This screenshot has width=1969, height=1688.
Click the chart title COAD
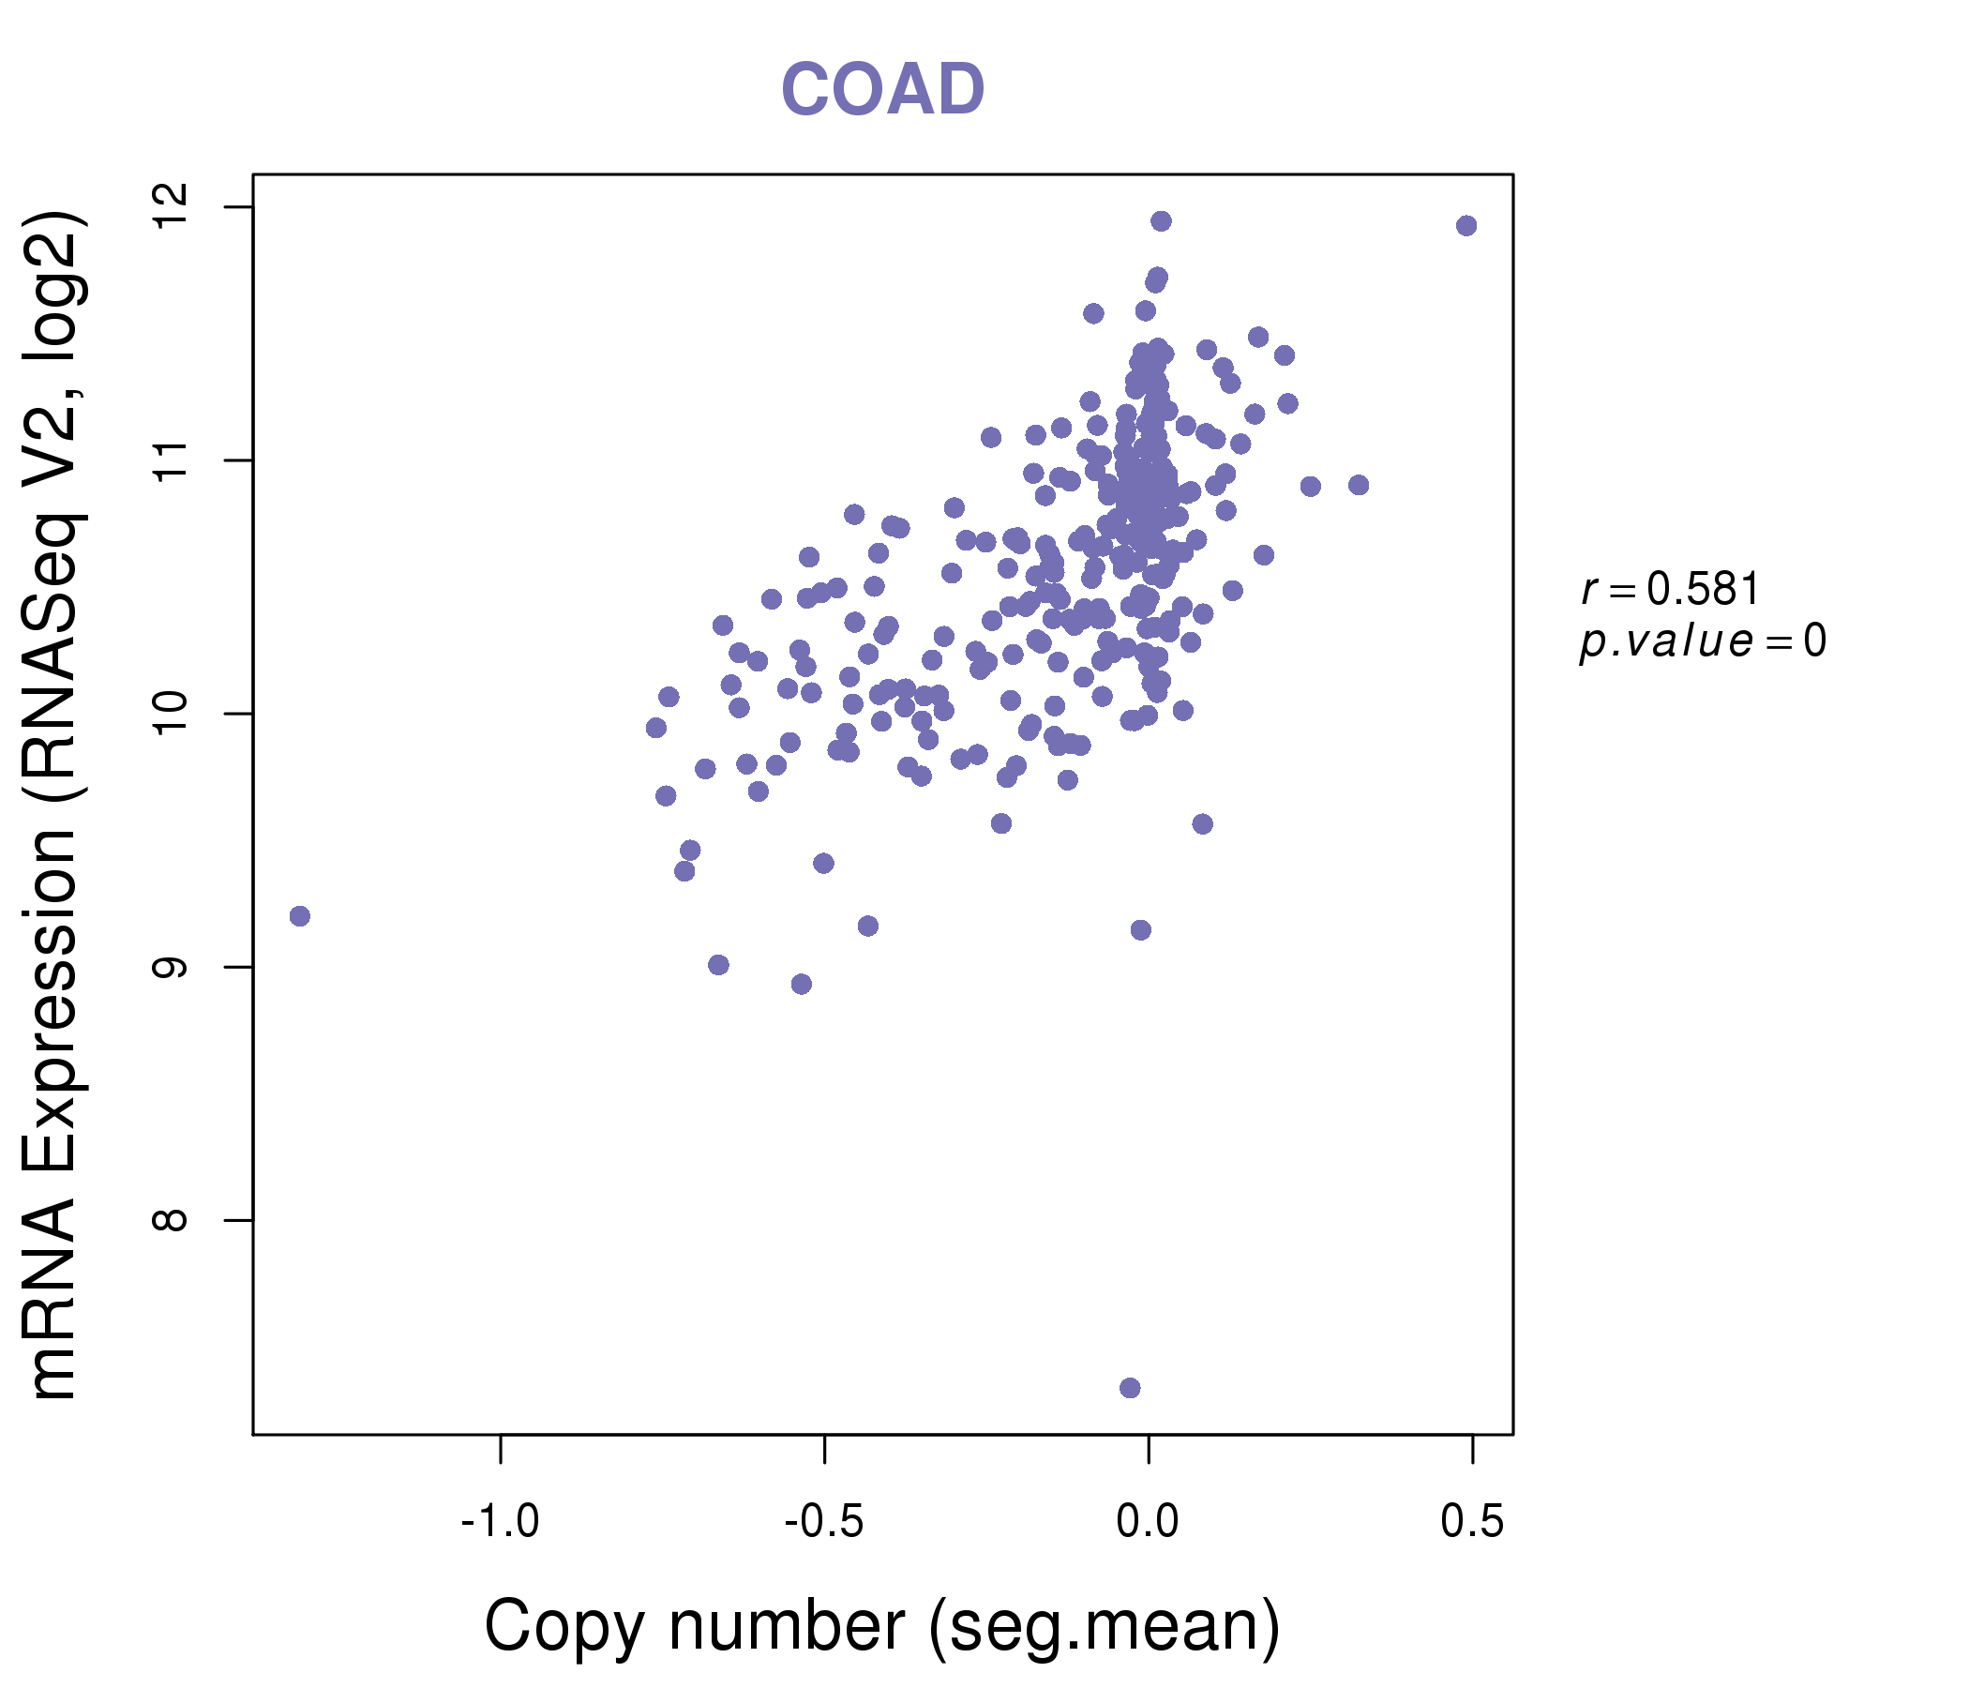coord(882,90)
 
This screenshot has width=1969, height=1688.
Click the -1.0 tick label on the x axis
coord(500,1522)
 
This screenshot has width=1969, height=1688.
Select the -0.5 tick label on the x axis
coord(824,1522)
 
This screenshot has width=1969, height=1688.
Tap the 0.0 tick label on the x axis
coord(1148,1522)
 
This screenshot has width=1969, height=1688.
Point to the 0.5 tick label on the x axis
coord(1472,1522)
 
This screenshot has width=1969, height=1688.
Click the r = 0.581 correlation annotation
coord(1671,590)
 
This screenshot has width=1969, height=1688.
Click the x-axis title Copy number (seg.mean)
coord(882,1626)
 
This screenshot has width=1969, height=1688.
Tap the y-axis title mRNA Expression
coord(55,807)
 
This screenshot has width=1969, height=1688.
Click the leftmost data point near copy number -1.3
coord(300,916)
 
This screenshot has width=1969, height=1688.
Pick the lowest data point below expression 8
coord(1130,1389)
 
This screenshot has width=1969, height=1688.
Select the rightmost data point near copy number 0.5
coord(1466,226)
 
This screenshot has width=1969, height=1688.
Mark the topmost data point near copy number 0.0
coord(1162,221)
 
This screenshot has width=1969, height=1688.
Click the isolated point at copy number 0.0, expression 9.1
coord(1141,930)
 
